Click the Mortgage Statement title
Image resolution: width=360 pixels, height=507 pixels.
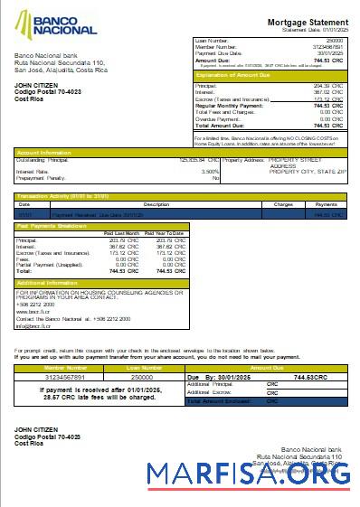point(308,22)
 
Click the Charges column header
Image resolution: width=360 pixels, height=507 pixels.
point(282,205)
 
